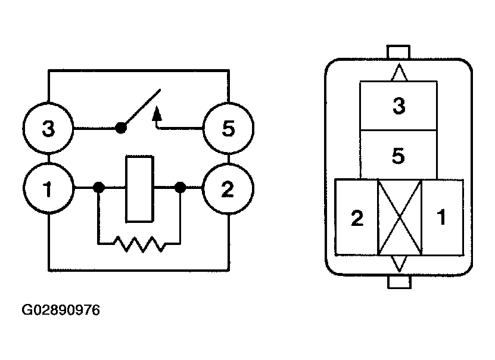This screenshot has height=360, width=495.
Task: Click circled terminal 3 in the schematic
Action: click(x=49, y=128)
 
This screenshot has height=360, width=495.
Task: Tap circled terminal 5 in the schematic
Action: click(x=228, y=128)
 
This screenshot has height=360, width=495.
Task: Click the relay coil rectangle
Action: click(x=139, y=188)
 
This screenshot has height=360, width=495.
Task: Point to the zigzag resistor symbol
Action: click(x=139, y=243)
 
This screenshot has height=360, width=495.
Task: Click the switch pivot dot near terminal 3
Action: click(x=121, y=128)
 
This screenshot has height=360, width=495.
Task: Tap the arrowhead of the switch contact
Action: click(x=157, y=112)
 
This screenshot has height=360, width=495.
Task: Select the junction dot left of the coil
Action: click(x=99, y=188)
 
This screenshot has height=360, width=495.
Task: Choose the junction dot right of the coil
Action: click(x=179, y=188)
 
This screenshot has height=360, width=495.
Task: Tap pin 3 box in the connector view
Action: click(x=399, y=106)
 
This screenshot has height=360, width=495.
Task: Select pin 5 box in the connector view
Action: click(x=399, y=155)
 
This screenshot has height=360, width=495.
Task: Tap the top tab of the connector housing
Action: click(x=399, y=52)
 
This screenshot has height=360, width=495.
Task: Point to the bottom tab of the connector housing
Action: click(x=399, y=281)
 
